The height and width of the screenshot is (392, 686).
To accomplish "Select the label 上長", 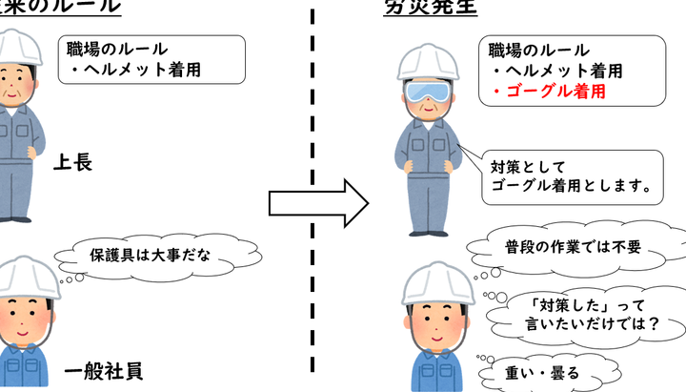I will (x=72, y=162).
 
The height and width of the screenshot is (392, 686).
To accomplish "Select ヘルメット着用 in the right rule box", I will (x=563, y=72).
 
